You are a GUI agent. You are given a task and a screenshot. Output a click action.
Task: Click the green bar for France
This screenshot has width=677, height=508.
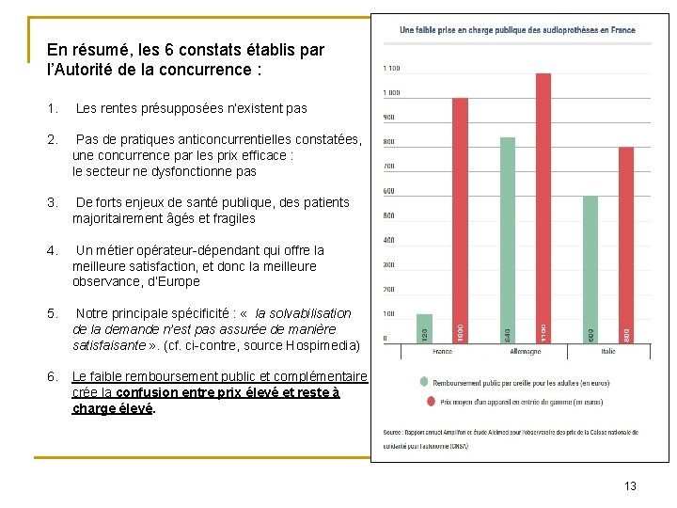[424, 328]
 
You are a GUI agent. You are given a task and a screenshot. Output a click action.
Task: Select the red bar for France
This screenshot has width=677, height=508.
[460, 220]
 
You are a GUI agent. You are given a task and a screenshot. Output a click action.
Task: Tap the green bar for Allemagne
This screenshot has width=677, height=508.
[508, 240]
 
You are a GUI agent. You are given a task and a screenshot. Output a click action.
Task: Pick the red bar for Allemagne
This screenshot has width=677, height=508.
[543, 208]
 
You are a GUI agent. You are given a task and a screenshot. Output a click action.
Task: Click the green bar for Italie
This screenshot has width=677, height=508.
[590, 269]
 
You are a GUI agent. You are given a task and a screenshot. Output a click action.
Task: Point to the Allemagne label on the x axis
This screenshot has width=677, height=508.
[525, 352]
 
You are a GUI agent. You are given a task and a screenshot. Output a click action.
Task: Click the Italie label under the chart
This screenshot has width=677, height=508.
[609, 352]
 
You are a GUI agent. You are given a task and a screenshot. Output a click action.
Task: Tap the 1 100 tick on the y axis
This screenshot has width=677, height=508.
[391, 68]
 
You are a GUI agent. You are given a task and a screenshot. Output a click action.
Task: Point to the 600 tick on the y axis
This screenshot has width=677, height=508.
[389, 191]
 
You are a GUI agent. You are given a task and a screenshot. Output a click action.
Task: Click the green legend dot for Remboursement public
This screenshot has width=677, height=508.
[424, 382]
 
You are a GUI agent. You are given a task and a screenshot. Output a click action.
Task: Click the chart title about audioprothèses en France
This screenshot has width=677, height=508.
[517, 30]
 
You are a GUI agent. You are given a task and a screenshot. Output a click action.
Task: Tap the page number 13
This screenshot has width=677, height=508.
[630, 485]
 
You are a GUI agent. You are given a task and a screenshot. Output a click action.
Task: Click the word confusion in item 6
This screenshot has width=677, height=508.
[147, 393]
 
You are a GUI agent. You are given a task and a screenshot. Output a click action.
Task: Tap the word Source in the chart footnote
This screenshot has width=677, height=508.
[393, 432]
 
